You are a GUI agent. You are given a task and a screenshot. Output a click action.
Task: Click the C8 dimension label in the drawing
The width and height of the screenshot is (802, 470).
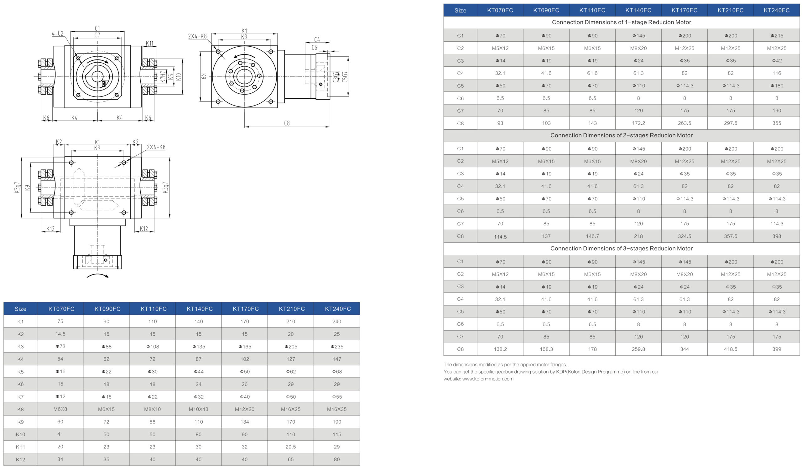(287, 123)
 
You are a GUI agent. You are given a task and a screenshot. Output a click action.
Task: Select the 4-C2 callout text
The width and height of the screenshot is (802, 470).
(58, 34)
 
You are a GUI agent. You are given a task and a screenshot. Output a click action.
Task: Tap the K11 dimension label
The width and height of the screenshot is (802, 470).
(149, 44)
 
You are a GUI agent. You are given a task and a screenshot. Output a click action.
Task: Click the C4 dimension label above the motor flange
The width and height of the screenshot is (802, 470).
(317, 39)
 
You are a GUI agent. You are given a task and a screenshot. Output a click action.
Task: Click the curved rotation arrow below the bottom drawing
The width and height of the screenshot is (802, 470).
(98, 276)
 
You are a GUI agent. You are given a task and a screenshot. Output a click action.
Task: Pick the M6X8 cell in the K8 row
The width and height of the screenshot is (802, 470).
(60, 409)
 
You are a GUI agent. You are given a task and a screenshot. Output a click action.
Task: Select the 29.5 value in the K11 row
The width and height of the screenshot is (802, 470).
(290, 447)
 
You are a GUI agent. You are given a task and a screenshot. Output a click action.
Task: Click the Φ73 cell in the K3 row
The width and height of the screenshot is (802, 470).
(60, 346)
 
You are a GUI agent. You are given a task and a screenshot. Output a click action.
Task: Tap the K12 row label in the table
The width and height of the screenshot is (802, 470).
(20, 459)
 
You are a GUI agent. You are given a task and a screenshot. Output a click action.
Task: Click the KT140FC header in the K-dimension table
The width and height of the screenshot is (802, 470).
(200, 309)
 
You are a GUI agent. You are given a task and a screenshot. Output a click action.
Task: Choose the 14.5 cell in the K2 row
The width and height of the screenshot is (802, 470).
(60, 334)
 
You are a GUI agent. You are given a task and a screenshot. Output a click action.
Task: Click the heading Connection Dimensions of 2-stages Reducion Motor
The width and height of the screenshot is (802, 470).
(621, 136)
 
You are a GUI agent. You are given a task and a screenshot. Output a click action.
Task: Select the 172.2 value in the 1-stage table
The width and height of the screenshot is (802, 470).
(638, 123)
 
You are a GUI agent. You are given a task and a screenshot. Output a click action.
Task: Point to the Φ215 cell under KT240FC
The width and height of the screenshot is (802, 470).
(777, 36)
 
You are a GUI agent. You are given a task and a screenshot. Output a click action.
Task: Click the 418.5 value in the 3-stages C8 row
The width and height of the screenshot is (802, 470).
(730, 349)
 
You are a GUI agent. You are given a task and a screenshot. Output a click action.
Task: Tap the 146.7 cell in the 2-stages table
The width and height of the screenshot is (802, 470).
(592, 236)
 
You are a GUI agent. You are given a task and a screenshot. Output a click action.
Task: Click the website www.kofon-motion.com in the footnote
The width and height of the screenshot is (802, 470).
(487, 379)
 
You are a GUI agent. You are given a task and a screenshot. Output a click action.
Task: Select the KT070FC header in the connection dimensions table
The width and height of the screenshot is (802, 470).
(500, 10)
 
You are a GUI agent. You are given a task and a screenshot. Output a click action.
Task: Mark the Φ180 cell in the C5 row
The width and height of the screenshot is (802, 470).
(777, 86)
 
